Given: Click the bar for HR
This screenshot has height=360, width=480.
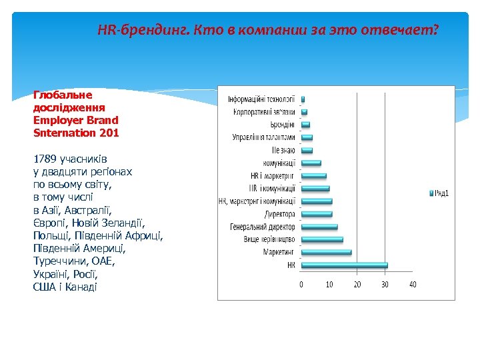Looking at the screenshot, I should tap(344, 265).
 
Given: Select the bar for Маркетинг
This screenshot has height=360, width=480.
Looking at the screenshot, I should tap(326, 252).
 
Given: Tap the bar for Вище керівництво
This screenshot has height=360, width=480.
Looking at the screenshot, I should tap(322, 239).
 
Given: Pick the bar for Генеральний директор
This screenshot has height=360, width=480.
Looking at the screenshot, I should tap(319, 227).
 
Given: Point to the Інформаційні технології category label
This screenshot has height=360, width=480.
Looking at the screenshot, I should tap(261, 99).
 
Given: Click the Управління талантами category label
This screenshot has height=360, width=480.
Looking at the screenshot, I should tap(263, 137).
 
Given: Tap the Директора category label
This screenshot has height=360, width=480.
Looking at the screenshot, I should tap(279, 214).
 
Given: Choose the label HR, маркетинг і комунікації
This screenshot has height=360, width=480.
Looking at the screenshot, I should tap(257, 201).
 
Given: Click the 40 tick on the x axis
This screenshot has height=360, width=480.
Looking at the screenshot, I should tap(413, 285).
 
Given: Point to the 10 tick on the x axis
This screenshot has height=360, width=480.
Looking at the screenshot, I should tap(329, 285).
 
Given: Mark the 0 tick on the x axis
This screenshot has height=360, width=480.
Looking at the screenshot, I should tap(301, 285).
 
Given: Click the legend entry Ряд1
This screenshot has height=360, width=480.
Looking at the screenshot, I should tap(440, 193).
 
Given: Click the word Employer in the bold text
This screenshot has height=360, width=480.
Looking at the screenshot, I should tap(57, 121).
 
